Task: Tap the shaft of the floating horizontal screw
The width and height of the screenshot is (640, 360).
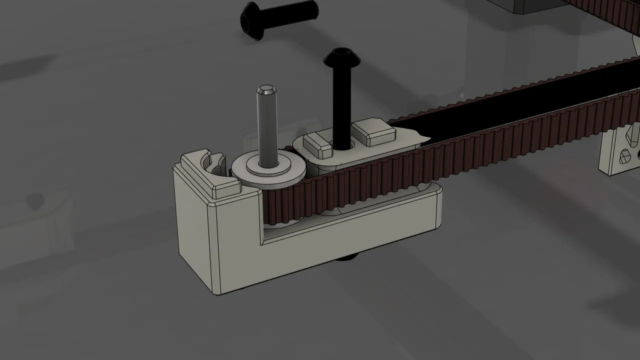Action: [x=295, y=11]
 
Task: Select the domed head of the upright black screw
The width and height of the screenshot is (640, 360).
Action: [x=342, y=58]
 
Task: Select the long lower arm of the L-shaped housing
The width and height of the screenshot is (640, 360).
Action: [x=350, y=235]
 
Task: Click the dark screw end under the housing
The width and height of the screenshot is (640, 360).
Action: [x=350, y=257]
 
